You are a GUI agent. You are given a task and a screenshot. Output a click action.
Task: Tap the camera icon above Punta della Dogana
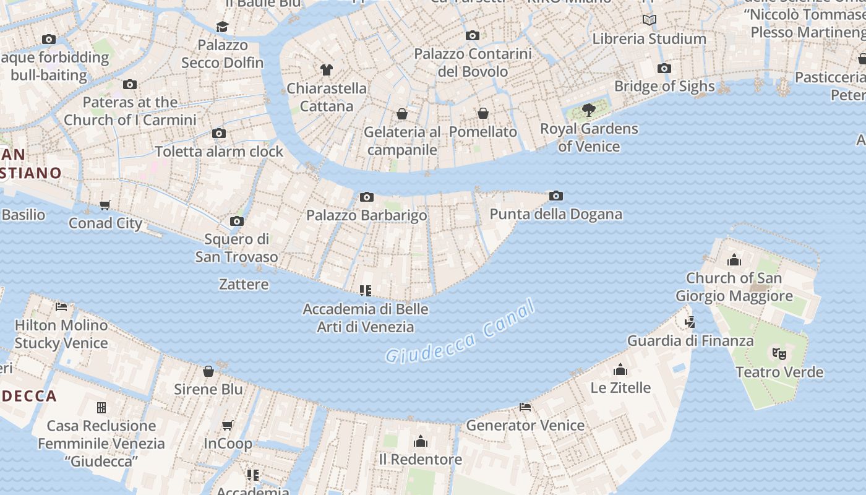pos(556,196)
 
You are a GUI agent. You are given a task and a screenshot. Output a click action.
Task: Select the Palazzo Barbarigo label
pos(367,215)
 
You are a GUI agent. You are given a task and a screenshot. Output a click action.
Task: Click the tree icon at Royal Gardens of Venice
pos(589,110)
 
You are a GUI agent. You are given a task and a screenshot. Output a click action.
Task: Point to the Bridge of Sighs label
pos(664,86)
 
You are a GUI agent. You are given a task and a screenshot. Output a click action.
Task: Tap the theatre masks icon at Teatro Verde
pos(779,354)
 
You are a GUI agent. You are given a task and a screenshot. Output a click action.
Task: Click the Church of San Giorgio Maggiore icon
pos(734,260)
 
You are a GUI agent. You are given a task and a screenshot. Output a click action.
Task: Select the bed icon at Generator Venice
pos(525,407)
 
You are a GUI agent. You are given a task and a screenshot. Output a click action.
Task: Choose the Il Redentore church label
pos(420,459)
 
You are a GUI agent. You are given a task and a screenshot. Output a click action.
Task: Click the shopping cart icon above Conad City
pos(105,205)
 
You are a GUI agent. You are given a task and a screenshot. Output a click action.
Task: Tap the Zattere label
pos(244,285)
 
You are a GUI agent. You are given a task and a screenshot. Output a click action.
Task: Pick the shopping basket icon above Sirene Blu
pos(208,371)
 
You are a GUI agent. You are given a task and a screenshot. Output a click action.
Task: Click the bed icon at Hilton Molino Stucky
pos(61,307)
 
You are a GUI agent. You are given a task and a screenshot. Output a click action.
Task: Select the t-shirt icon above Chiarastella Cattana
pos(327,70)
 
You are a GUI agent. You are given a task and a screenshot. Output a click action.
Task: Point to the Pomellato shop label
pos(482,132)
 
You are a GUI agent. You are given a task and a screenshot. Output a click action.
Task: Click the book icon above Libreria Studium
pos(649,20)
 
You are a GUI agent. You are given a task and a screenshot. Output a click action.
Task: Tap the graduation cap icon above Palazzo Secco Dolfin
pos(222,27)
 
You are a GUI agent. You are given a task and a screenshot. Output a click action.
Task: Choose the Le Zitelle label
pos(620,388)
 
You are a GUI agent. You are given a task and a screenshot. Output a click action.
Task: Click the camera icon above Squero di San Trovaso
pos(236,222)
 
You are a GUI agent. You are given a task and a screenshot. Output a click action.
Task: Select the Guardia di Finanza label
pos(690,340)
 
